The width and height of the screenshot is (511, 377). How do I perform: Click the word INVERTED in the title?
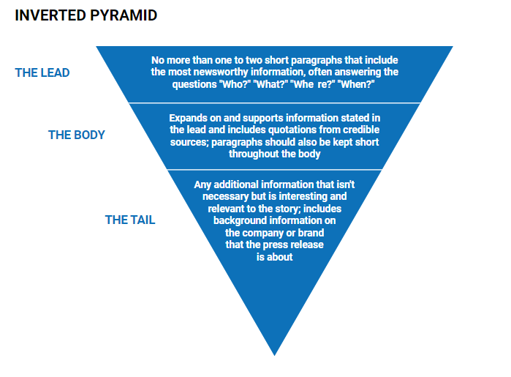50,15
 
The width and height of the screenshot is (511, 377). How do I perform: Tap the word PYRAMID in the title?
124,15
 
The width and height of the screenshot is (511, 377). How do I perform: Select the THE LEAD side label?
42,72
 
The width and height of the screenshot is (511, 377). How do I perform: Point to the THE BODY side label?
77,135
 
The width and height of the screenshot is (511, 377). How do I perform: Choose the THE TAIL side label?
130,220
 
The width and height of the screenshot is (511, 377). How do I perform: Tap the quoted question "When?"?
357,84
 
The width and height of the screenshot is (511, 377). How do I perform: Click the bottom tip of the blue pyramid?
274,356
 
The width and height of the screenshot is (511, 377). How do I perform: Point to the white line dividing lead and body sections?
274,103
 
